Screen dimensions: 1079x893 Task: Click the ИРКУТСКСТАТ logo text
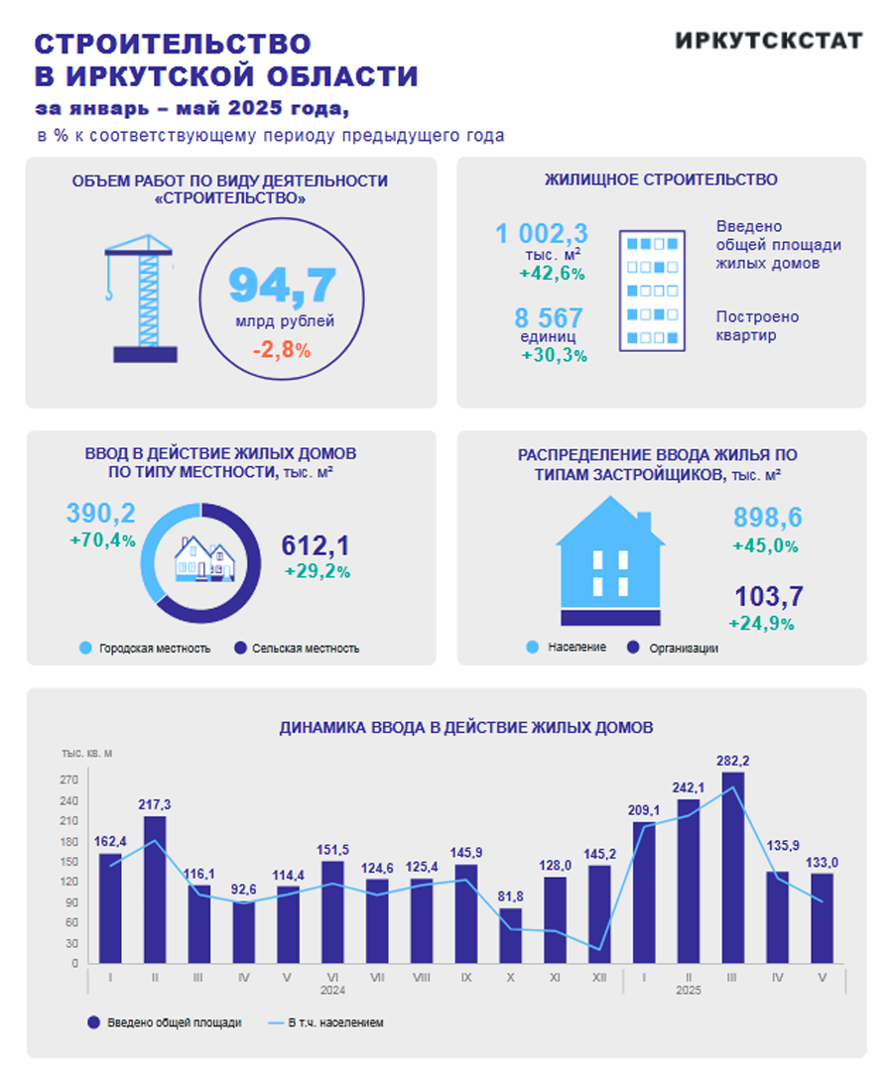coord(768,41)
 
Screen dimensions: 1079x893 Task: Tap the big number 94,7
coord(283,285)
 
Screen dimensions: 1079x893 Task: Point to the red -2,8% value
coord(282,350)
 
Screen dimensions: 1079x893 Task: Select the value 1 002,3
coord(542,234)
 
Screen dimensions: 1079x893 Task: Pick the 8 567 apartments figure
coord(549,318)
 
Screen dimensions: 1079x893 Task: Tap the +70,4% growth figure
coord(102,540)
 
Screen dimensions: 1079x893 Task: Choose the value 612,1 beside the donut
coord(316,545)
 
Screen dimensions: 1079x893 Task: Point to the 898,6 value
coord(767,518)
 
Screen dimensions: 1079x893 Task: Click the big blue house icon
coord(609,561)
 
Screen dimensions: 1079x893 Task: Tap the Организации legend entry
coord(683,649)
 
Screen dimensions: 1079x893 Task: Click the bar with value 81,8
coord(510,935)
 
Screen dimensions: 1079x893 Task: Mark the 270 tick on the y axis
coord(68,780)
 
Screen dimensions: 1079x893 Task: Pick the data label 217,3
coord(155,803)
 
